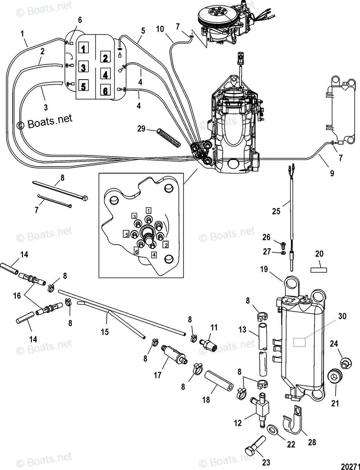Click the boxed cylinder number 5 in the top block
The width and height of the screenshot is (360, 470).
[83, 86]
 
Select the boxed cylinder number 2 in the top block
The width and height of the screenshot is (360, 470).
[105, 57]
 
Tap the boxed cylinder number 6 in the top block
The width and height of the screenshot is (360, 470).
[105, 90]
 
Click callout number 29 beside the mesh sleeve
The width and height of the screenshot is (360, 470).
[142, 129]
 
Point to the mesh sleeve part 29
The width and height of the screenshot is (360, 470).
[169, 138]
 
